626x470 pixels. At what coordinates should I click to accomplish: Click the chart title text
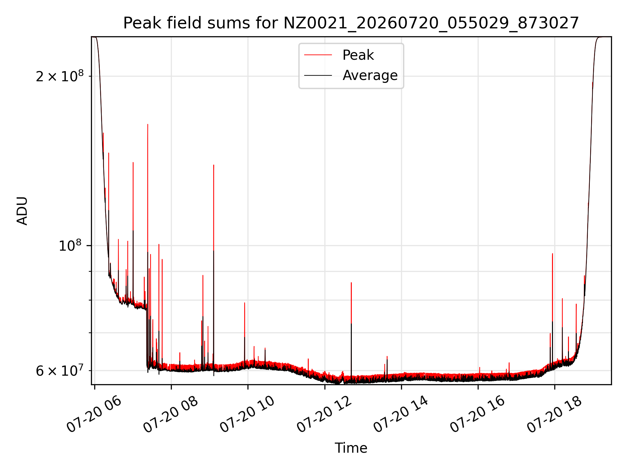point(351,23)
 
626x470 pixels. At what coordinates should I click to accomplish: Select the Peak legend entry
point(358,55)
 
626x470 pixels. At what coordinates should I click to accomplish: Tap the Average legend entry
point(370,75)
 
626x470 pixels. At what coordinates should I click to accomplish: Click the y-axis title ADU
point(22,211)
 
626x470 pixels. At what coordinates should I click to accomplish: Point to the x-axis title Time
point(351,448)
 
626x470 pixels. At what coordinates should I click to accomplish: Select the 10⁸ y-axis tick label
point(70,245)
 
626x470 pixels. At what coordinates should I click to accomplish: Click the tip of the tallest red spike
point(148,124)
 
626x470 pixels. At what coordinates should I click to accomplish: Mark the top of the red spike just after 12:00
point(351,283)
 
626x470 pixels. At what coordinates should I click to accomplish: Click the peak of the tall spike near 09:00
point(214,165)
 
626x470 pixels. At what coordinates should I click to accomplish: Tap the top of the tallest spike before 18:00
point(552,254)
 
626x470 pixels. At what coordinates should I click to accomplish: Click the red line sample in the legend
point(318,55)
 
